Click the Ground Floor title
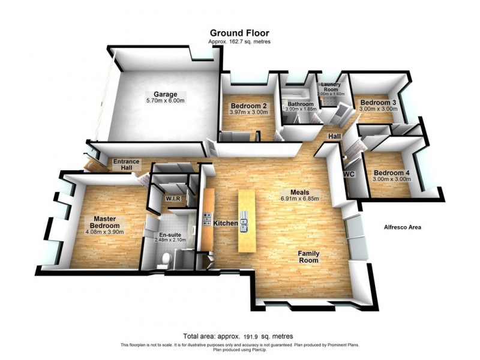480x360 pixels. point(239,33)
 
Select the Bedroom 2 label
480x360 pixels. point(248,106)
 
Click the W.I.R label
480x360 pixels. point(173,198)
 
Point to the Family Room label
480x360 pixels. point(310,257)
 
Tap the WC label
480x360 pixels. point(349,174)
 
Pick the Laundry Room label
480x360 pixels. point(331,88)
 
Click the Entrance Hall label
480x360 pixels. point(127,165)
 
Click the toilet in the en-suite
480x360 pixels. point(167,257)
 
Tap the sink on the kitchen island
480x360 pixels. point(244,223)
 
